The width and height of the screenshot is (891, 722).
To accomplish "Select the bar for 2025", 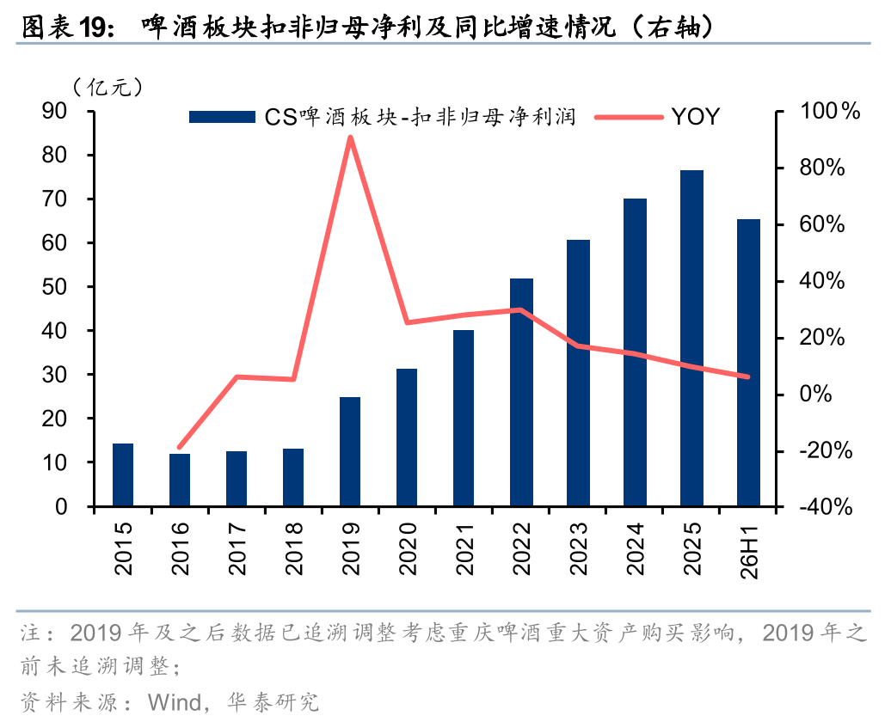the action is [691, 338].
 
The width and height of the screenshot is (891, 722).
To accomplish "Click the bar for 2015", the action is [123, 475].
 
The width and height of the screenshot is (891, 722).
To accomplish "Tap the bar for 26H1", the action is [748, 363].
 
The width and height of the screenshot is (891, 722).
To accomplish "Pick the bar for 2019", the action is [350, 451].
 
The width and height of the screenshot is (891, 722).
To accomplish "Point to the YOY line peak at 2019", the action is [351, 138].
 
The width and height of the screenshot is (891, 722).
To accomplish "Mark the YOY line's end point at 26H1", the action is [748, 376].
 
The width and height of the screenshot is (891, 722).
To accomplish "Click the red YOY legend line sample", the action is [629, 117].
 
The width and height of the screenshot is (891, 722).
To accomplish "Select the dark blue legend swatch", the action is [222, 117].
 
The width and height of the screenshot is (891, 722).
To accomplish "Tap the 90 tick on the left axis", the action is [54, 111].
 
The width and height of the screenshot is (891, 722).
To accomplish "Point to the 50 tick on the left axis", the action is [54, 287].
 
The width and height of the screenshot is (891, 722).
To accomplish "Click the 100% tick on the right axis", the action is [830, 111].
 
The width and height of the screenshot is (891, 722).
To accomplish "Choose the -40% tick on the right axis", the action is [826, 507].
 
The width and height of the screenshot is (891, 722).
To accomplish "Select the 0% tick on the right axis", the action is [815, 394].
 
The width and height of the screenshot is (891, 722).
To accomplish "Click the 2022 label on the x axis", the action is [521, 548].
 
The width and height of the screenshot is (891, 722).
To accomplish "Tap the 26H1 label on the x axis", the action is [749, 552].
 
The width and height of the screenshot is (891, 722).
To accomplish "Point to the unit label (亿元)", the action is [108, 87].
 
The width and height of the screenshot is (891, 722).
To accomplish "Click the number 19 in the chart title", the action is [93, 28].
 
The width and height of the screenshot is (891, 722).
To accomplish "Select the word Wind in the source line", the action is [175, 703].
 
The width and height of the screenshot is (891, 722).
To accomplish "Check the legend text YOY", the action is [696, 117].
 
